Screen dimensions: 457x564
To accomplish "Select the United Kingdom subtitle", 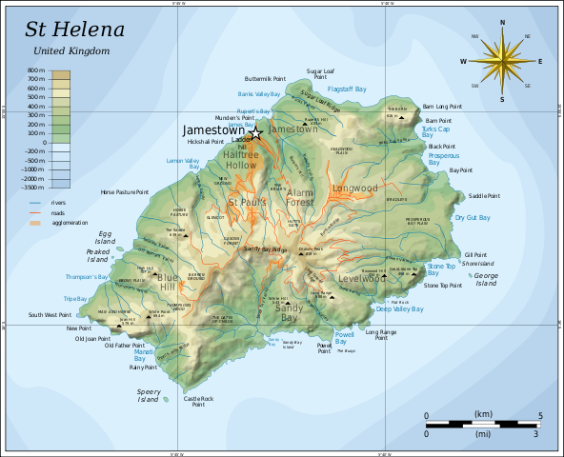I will click(70, 50).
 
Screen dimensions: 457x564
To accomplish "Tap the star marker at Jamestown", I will click(255, 133).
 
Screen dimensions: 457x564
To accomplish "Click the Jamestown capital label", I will click(213, 129).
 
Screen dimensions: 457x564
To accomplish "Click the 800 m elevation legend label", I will click(35, 71).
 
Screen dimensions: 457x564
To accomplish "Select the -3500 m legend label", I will click(33, 188).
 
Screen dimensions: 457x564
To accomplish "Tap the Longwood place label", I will click(355, 189).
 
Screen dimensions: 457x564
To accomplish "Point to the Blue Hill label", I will click(168, 282).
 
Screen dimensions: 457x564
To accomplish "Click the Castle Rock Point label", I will click(198, 402).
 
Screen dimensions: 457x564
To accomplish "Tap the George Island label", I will click(486, 279).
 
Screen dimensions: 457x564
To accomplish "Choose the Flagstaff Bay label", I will click(347, 89).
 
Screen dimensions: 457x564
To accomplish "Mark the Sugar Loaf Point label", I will click(320, 74).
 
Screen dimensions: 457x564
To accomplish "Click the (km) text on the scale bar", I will click(483, 414).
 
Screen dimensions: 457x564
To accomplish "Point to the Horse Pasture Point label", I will click(125, 192).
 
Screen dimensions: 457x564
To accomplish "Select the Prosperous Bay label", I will click(443, 158).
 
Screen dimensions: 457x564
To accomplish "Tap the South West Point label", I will click(50, 315).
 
